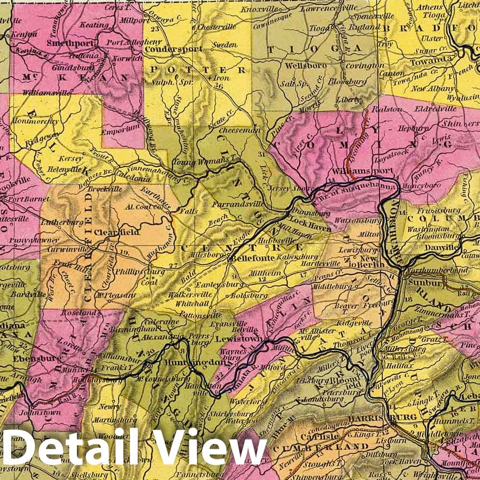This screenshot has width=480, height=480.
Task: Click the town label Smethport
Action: point(66,42)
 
